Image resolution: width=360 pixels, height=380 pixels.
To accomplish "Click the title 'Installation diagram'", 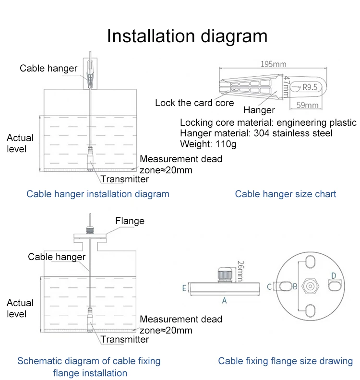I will [187, 36].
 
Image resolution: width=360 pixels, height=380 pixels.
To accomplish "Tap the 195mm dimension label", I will [273, 64].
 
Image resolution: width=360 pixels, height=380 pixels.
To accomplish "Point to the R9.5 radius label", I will [310, 87].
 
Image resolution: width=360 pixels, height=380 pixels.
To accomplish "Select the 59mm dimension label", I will [306, 105].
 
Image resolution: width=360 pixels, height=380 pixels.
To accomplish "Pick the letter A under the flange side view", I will [224, 300].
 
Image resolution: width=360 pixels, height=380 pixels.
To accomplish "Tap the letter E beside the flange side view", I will [184, 288].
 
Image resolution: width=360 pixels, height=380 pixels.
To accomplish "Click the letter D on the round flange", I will [334, 275].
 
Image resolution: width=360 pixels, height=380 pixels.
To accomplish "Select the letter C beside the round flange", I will [269, 286].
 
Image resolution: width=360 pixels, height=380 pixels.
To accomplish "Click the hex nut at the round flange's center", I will [311, 286].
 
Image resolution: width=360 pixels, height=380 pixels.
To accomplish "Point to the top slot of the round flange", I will [311, 261].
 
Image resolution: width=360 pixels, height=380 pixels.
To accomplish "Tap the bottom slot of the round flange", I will [311, 310].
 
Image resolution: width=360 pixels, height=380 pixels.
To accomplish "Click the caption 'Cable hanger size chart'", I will [286, 194].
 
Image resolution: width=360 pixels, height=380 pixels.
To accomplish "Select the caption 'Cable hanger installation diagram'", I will [98, 194].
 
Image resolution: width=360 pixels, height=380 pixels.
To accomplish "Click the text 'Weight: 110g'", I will [208, 143].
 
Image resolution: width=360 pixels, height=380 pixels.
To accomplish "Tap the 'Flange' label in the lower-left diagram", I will [130, 221].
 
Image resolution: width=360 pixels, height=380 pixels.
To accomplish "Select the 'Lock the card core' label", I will [194, 103].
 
